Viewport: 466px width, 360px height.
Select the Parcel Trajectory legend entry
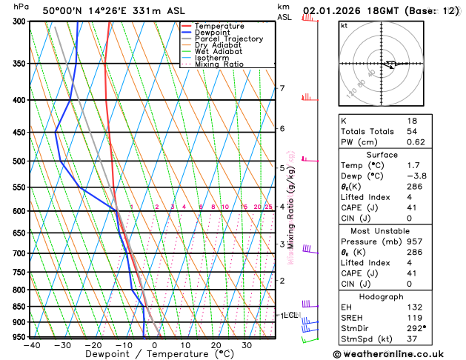coord(228,39)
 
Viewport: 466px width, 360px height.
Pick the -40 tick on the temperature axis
coord(31,346)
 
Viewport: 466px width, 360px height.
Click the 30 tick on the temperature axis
coord(246,346)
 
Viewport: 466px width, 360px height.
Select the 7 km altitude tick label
coord(282,89)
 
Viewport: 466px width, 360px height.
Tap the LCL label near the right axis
coord(290,315)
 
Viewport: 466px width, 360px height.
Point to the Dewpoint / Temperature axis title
coord(153,355)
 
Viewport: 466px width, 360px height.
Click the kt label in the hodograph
coord(344,26)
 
